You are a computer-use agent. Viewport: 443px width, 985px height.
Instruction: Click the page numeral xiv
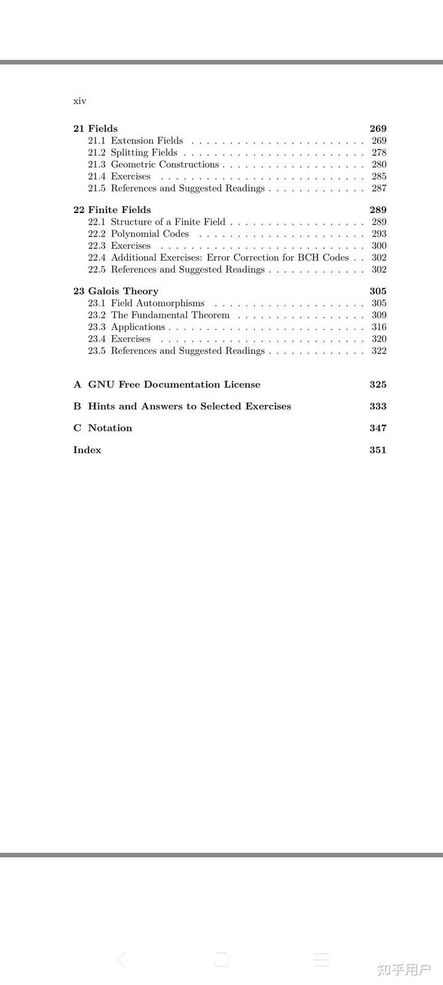(x=79, y=101)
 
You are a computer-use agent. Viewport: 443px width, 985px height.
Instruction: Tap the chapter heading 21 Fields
(x=95, y=129)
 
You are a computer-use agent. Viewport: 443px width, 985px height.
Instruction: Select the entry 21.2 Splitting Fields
(x=132, y=153)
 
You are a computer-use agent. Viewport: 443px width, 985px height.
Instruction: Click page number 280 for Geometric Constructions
(x=379, y=164)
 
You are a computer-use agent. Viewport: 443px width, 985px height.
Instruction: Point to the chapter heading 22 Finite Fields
(x=112, y=210)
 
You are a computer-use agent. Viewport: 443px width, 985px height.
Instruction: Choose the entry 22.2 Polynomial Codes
(x=138, y=234)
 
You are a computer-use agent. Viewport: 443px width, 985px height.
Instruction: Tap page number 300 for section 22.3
(x=379, y=246)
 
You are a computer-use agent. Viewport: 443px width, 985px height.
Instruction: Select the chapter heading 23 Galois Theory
(x=116, y=291)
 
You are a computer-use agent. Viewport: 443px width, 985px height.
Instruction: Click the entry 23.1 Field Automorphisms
(x=146, y=303)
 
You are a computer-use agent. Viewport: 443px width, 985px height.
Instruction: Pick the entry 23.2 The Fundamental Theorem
(x=159, y=315)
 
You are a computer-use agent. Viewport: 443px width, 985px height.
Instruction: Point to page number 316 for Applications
(x=379, y=327)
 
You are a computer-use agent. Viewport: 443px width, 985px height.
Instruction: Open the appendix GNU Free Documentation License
(x=174, y=385)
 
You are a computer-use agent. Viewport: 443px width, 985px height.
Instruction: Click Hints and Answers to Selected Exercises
(x=190, y=406)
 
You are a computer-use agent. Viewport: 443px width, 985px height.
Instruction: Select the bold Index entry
(x=87, y=450)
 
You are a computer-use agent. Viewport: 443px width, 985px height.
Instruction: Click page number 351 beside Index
(x=378, y=450)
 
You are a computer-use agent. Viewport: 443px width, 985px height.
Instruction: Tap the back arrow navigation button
(x=122, y=959)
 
